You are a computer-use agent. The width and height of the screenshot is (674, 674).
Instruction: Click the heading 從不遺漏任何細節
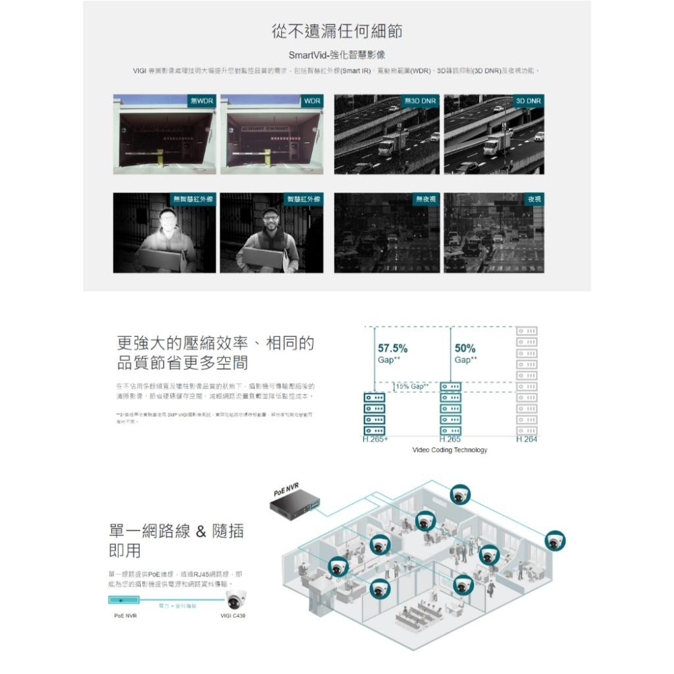click(337, 32)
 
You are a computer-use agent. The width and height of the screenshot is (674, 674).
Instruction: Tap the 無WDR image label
click(202, 100)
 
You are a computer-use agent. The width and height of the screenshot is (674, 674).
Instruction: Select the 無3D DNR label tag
click(421, 100)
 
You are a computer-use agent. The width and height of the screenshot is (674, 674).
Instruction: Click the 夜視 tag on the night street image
click(534, 199)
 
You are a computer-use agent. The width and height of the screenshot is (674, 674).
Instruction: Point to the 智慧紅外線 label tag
click(304, 199)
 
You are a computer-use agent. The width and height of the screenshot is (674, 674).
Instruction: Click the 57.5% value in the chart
click(392, 348)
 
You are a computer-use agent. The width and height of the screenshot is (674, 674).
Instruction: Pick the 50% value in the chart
click(465, 348)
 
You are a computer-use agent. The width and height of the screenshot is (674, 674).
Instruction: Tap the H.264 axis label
click(526, 439)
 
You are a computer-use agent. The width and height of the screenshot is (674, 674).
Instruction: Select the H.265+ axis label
click(375, 439)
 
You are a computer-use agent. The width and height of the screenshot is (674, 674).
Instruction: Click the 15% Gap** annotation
click(412, 386)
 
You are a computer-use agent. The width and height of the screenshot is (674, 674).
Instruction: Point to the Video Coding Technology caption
click(450, 450)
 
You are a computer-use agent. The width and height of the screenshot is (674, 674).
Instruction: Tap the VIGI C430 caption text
click(233, 616)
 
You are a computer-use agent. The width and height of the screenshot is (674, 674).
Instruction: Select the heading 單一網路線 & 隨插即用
click(176, 541)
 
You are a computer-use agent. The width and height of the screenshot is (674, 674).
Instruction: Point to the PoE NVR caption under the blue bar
click(122, 616)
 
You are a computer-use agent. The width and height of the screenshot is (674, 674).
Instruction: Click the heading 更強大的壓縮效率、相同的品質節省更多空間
click(215, 353)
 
